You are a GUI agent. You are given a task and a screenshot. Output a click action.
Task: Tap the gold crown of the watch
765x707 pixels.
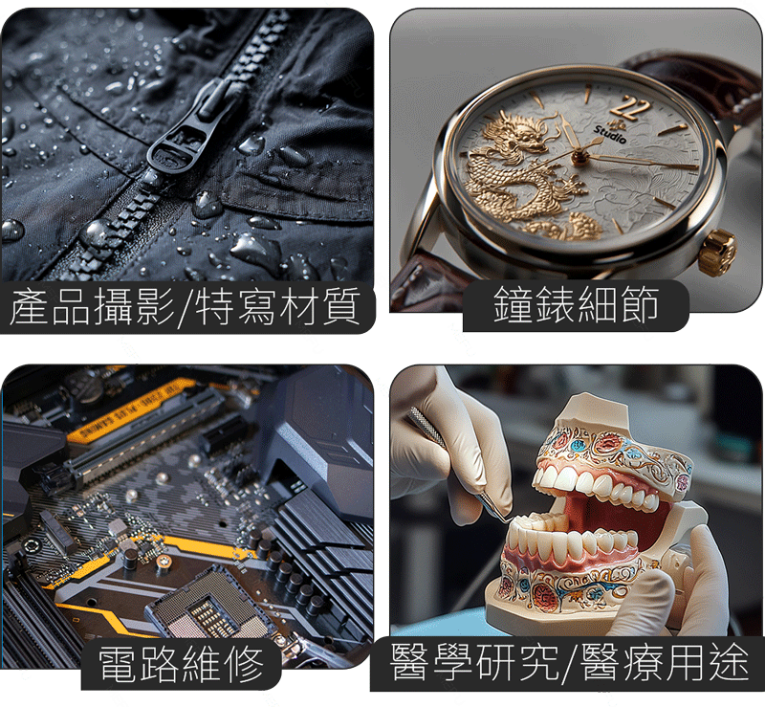716,252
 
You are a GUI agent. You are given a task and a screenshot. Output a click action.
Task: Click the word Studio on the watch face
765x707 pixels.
610,135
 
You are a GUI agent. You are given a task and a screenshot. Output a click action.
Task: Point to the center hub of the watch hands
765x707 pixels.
580,157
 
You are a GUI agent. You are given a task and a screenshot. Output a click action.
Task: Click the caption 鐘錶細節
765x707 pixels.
577,304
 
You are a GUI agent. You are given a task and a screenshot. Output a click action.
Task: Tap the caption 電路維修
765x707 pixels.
182,664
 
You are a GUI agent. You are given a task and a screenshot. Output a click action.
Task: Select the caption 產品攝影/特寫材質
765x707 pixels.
186,306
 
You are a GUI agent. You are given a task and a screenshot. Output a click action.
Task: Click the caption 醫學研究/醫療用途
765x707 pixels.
569,663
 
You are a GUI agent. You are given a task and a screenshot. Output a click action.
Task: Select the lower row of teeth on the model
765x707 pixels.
571,541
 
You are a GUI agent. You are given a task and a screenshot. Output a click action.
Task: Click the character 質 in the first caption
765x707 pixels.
341,306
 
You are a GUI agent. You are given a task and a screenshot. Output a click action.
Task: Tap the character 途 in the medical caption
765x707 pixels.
730,663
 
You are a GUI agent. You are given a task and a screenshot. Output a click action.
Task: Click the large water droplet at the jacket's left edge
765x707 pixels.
11,231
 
